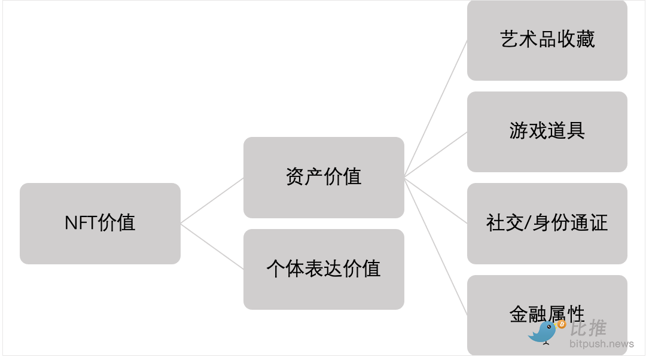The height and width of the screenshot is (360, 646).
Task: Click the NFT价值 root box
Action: click(x=100, y=224)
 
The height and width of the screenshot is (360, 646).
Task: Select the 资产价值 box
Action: click(x=324, y=178)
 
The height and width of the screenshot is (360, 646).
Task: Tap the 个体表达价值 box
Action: click(x=324, y=269)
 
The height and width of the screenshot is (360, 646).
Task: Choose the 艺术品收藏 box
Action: click(x=547, y=41)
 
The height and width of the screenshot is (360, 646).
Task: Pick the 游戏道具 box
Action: click(x=547, y=132)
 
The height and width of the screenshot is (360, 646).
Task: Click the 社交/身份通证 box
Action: click(x=547, y=224)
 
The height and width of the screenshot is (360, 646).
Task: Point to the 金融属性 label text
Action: click(x=547, y=314)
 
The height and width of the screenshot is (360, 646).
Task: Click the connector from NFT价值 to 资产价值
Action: click(x=212, y=200)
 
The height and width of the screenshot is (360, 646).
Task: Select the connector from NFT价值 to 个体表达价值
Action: click(x=212, y=246)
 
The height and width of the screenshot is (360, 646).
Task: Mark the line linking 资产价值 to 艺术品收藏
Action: click(x=435, y=109)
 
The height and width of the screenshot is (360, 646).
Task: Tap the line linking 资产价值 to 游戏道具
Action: click(x=435, y=155)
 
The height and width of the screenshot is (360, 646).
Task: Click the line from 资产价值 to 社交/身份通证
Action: click(x=435, y=200)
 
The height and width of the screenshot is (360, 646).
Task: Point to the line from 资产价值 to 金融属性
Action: click(x=435, y=246)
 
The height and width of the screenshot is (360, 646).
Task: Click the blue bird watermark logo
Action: click(x=543, y=332)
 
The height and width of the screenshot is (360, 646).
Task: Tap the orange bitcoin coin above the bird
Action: click(x=561, y=325)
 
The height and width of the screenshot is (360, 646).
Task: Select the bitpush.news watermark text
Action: click(x=602, y=343)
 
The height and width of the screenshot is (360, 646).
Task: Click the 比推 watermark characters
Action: click(x=589, y=328)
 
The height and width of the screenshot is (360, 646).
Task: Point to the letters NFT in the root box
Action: click(x=81, y=223)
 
